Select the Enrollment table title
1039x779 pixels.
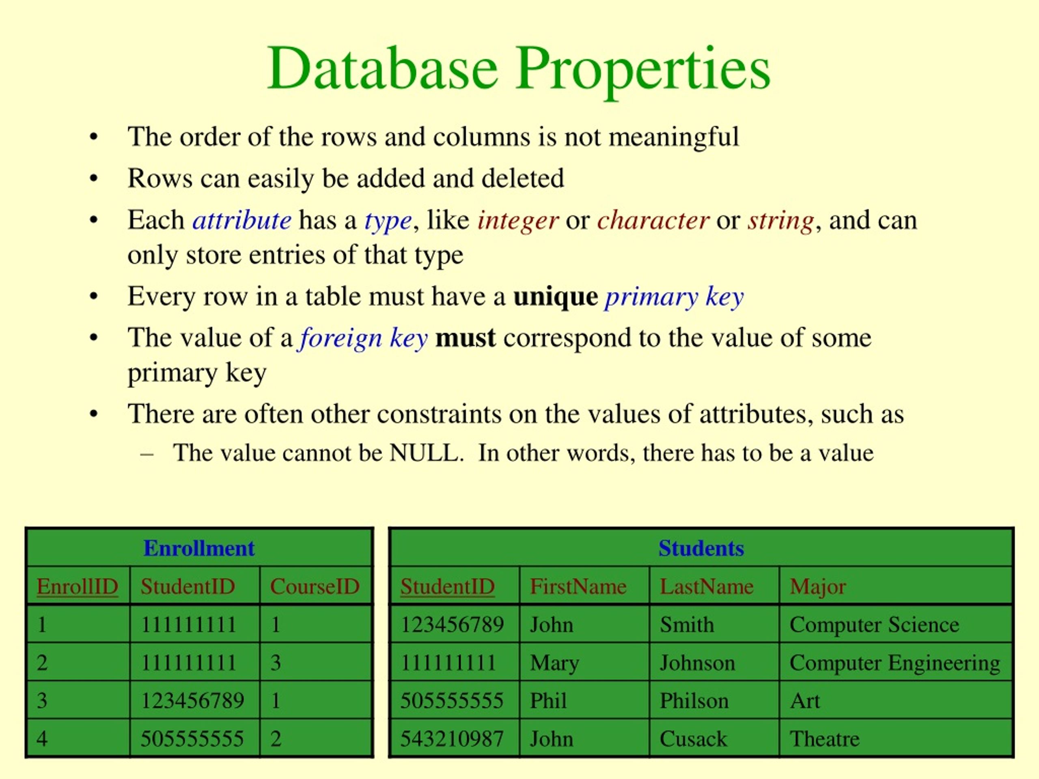pyautogui.click(x=199, y=549)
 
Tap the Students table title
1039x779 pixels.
pyautogui.click(x=701, y=549)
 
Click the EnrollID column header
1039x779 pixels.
pyautogui.click(x=78, y=586)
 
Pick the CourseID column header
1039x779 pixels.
pyautogui.click(x=315, y=586)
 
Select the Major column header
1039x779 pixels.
pyautogui.click(x=818, y=586)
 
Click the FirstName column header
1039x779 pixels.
pyautogui.click(x=578, y=586)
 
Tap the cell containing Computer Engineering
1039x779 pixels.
pyautogui.click(x=895, y=663)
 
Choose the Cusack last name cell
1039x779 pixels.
pyautogui.click(x=693, y=738)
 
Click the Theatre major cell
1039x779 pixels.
pyautogui.click(x=824, y=738)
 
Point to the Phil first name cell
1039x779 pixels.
pyautogui.click(x=548, y=701)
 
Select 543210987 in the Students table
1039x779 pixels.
pyautogui.click(x=452, y=738)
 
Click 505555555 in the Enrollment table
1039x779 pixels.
pyautogui.click(x=192, y=738)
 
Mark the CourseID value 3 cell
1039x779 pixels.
pyautogui.click(x=276, y=663)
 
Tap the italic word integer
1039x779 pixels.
pyautogui.click(x=517, y=220)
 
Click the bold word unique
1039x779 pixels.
pyautogui.click(x=555, y=297)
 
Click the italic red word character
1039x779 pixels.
pyautogui.click(x=653, y=220)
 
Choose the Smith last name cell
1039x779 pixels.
pyautogui.click(x=687, y=624)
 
